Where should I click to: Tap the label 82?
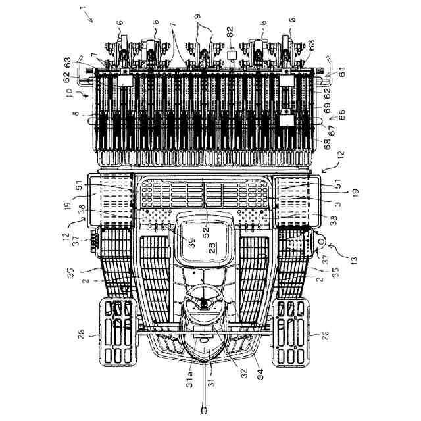230,30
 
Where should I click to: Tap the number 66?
341,112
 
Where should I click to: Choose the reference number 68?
318,140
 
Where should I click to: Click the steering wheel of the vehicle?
205,302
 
